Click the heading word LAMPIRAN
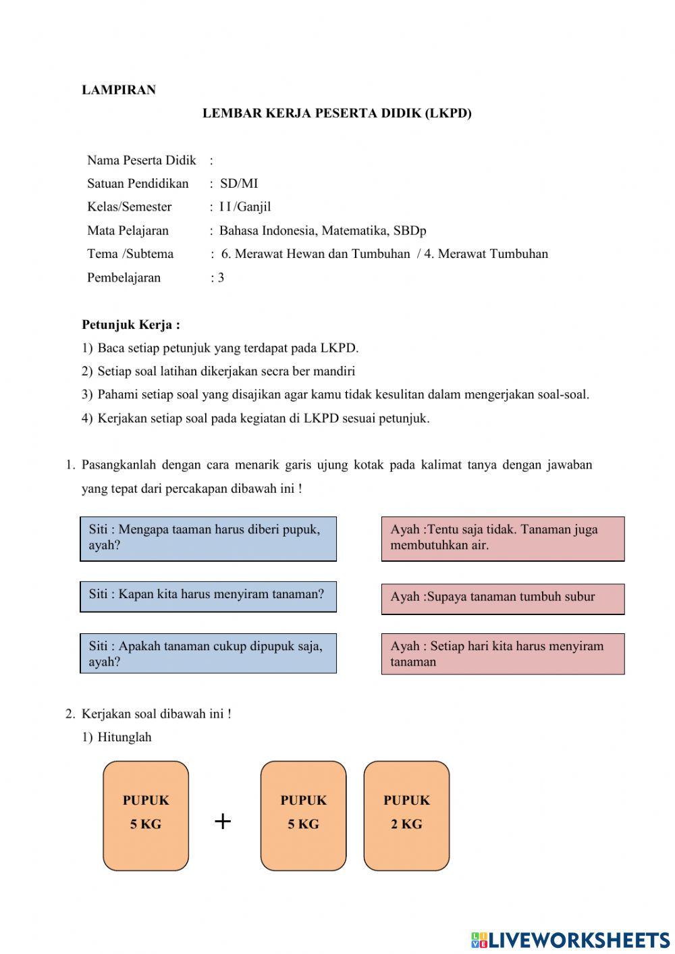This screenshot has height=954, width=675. [x=119, y=90]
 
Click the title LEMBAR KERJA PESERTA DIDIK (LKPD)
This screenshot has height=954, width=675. [x=337, y=113]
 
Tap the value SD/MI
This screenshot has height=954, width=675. [x=239, y=184]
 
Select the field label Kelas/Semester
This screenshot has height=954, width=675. [x=129, y=207]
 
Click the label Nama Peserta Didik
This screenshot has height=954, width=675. [x=141, y=160]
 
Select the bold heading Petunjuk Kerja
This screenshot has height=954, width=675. [x=130, y=325]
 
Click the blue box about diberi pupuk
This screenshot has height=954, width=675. [x=208, y=539]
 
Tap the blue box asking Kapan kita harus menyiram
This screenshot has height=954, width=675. [x=208, y=596]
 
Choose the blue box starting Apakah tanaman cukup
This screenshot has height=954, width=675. [x=208, y=654]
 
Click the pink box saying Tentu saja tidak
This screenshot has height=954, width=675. [x=502, y=539]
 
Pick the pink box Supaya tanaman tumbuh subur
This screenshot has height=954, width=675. [x=502, y=598]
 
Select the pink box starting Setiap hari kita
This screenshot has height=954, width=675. [x=502, y=654]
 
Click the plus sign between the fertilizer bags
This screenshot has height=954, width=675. [x=223, y=821]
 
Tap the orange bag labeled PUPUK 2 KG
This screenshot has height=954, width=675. [x=406, y=816]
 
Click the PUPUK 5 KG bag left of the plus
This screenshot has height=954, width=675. [x=146, y=816]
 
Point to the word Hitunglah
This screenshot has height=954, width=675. [x=124, y=737]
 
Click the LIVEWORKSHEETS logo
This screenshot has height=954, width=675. [x=570, y=939]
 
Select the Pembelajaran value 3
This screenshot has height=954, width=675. [x=221, y=277]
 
